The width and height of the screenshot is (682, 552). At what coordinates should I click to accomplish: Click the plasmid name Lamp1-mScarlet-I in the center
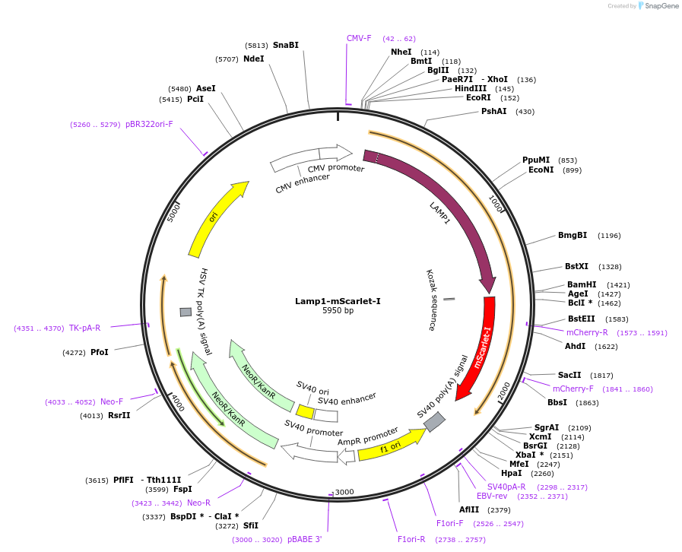(x=338, y=301)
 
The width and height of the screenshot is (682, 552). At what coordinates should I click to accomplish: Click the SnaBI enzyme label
(x=285, y=45)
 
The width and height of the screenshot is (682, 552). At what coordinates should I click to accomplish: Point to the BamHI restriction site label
(x=582, y=284)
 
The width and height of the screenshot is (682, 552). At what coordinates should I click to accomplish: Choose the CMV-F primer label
(x=359, y=38)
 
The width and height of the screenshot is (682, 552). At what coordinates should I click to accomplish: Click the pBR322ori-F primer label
(x=149, y=124)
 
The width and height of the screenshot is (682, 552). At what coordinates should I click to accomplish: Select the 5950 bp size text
(x=338, y=311)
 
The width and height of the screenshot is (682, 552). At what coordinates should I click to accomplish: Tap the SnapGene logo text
(x=658, y=6)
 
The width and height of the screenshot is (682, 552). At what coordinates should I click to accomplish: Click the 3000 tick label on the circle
(x=344, y=492)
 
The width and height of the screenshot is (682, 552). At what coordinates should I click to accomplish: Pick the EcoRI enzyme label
(x=478, y=97)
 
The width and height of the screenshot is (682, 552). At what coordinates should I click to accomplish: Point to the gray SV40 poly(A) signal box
(x=434, y=421)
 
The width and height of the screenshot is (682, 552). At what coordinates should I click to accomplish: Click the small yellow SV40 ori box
(x=305, y=411)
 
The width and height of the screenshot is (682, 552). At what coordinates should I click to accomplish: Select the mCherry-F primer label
(x=573, y=389)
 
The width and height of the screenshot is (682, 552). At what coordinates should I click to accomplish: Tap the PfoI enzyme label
(x=99, y=352)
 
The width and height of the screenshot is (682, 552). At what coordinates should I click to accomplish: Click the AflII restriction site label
(x=469, y=509)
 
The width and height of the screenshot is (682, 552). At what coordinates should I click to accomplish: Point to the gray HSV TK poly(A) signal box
(x=186, y=312)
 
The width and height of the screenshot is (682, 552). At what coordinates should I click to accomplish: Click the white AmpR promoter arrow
(x=346, y=456)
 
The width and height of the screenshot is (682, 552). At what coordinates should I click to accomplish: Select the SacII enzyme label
(x=569, y=375)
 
